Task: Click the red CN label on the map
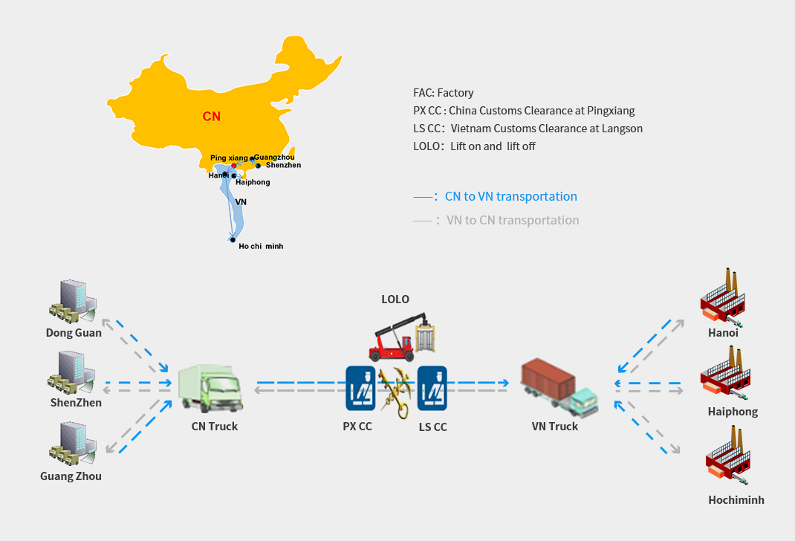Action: tap(212, 117)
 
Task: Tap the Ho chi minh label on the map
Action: tap(261, 246)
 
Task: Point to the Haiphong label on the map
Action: tap(253, 182)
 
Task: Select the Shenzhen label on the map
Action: tap(283, 165)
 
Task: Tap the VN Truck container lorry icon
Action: tap(559, 387)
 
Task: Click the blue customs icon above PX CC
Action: tap(359, 387)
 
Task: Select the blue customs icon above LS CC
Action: tap(432, 387)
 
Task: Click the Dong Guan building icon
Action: tap(72, 301)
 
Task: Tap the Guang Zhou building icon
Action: tap(72, 444)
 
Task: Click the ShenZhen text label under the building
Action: tap(76, 403)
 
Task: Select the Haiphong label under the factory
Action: tap(733, 412)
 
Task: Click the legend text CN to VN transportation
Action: tap(510, 197)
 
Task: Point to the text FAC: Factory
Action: tap(444, 93)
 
